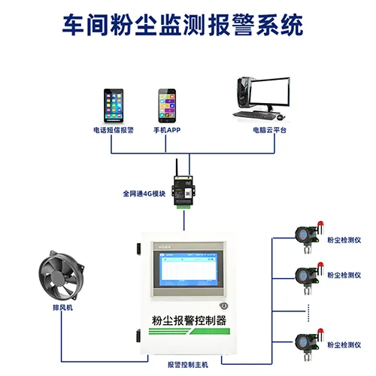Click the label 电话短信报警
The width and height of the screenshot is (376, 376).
point(114,130)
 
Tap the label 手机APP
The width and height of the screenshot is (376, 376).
point(168,130)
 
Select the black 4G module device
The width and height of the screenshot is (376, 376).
point(182,187)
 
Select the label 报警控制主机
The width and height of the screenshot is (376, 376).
point(189,364)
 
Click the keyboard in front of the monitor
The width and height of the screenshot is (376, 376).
point(256,117)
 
